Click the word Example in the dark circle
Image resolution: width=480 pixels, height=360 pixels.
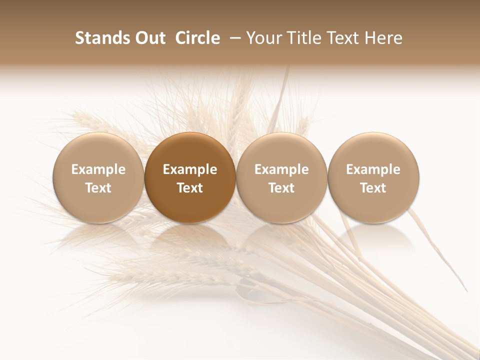coord(190,169)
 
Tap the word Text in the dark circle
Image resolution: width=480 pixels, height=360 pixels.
coord(190,188)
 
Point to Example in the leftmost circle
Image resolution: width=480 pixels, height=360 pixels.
coord(98,169)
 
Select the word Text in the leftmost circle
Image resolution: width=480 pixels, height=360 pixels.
coord(98,188)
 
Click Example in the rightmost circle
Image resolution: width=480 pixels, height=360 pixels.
coord(373,169)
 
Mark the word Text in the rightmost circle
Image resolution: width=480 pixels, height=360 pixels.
coord(373,188)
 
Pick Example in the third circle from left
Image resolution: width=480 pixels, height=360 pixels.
coord(281,169)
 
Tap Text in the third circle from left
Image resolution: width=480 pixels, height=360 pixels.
coord(281,188)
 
